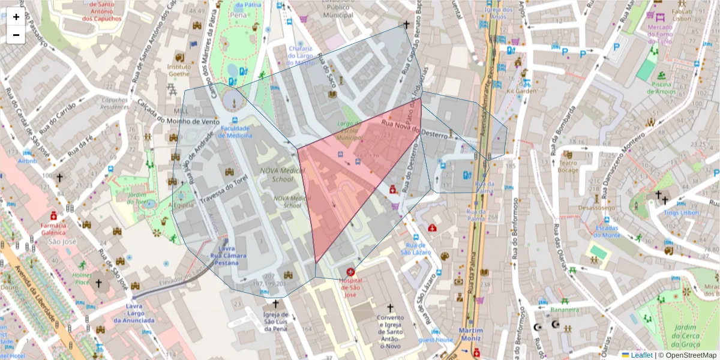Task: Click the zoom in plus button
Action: click(16, 17)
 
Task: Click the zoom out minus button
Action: click(16, 35)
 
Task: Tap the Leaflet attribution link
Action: click(641, 355)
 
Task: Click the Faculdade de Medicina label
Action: click(239, 131)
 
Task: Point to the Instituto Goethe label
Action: click(179, 70)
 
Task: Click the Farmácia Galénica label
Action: click(53, 229)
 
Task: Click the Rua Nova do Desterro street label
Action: click(415, 131)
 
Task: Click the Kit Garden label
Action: click(521, 91)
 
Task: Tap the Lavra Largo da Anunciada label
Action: click(134, 313)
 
